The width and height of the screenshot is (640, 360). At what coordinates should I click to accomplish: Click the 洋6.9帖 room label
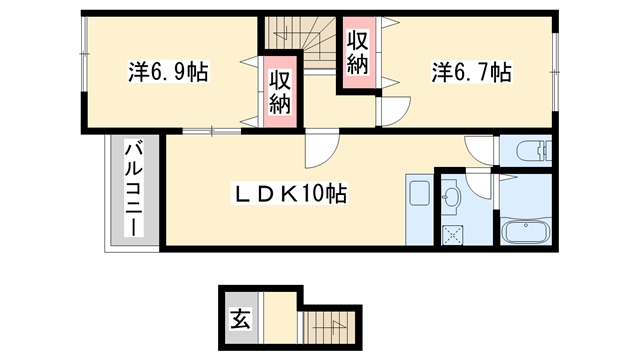click(167, 73)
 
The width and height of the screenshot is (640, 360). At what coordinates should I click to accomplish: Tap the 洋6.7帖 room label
click(471, 73)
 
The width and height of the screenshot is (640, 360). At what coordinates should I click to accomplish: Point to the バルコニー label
click(131, 190)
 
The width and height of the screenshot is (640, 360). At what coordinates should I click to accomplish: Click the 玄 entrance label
click(240, 321)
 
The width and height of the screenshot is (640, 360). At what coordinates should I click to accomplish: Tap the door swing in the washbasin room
click(480, 186)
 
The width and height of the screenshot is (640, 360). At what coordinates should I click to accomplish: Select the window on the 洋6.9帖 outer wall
click(83, 71)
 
